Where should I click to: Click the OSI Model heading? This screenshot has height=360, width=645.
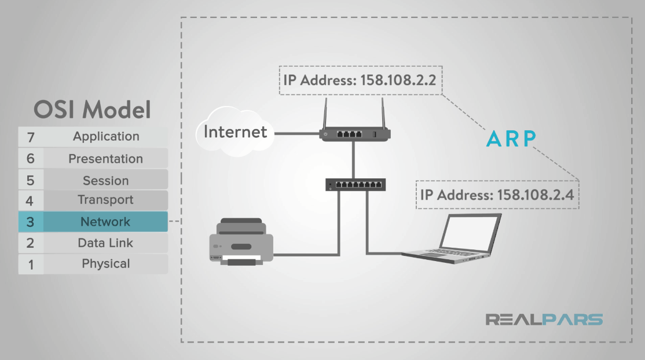(x=92, y=109)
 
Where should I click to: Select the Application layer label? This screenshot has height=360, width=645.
(x=106, y=137)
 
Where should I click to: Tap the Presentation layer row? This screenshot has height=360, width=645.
(x=93, y=159)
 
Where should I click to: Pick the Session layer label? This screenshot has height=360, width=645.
(x=105, y=181)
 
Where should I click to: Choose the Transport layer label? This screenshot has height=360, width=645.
(x=105, y=200)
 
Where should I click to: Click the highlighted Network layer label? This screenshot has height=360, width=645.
(x=105, y=222)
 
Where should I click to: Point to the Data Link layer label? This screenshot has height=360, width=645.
(x=105, y=243)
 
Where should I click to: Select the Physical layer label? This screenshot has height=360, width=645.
(x=105, y=264)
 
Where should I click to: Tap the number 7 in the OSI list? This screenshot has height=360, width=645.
(x=31, y=137)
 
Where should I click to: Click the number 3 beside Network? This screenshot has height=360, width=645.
(x=31, y=222)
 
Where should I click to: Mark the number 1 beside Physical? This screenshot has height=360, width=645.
(x=31, y=265)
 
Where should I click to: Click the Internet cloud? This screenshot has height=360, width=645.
(x=234, y=133)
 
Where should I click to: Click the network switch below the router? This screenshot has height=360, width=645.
(x=356, y=185)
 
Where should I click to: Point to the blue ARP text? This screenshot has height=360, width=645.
(x=511, y=138)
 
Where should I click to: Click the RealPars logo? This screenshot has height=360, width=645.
(x=544, y=319)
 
